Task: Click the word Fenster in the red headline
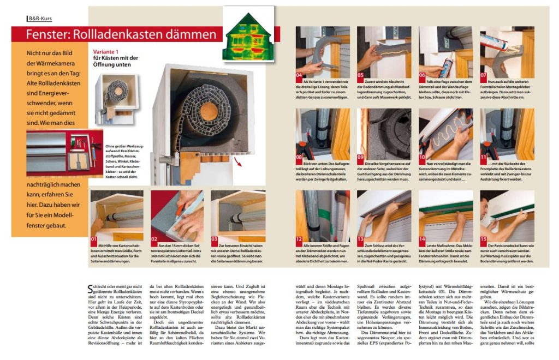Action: [46, 35]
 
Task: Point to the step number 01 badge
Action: [94, 238]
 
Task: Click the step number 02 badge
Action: [154, 238]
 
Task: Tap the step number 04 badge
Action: [299, 75]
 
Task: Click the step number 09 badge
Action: [361, 157]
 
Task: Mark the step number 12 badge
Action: [299, 238]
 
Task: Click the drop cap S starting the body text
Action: [90, 287]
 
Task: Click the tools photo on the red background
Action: [57, 153]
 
